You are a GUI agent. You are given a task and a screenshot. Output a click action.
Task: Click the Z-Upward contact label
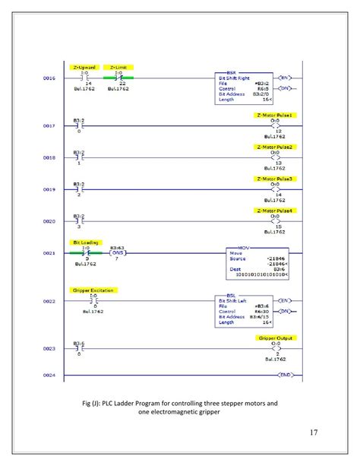[85, 67]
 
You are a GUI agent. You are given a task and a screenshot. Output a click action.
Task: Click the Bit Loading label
[85, 242]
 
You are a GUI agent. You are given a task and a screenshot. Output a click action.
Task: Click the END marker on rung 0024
[286, 376]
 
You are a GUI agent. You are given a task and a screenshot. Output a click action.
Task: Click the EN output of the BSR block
[286, 78]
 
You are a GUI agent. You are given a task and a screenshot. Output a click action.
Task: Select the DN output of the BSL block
[286, 311]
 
